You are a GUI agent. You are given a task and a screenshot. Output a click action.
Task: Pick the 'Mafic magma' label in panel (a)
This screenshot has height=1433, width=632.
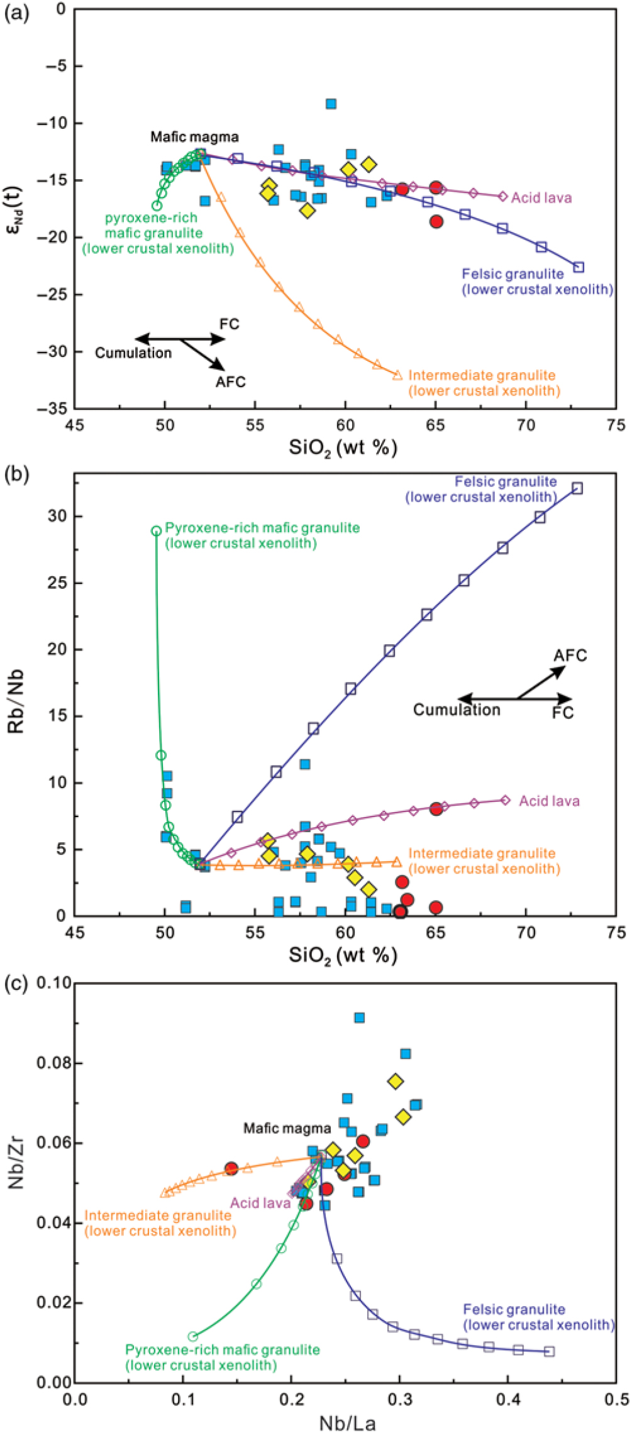194,136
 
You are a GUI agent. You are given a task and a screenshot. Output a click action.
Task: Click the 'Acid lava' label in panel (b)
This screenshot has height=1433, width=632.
549,801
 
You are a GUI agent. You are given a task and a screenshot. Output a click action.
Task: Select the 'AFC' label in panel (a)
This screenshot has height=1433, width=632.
231,382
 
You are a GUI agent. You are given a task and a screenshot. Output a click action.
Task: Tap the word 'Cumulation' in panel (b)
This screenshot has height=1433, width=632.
457,710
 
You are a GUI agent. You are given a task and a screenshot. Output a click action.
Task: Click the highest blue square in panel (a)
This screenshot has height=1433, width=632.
331,104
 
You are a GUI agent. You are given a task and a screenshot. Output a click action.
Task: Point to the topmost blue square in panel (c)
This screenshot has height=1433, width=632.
359,1018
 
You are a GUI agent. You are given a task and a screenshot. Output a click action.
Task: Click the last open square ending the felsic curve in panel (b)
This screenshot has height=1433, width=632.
577,488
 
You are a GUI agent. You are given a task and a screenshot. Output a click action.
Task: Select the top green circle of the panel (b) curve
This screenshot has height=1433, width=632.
157,530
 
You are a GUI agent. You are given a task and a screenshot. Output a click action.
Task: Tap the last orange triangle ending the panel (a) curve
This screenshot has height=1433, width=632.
397,375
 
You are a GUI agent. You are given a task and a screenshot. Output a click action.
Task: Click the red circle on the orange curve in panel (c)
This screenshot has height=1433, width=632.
231,1168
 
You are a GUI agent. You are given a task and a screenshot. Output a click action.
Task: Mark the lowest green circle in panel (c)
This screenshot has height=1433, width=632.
193,1336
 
